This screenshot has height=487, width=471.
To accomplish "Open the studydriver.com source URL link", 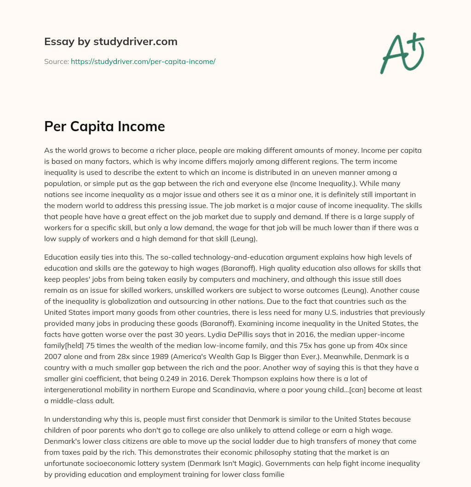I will [143, 61].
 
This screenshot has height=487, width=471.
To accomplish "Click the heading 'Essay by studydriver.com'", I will [111, 41].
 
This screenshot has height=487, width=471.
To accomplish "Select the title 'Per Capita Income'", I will [104, 126].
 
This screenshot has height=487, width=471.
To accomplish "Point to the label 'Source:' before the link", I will [57, 61].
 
